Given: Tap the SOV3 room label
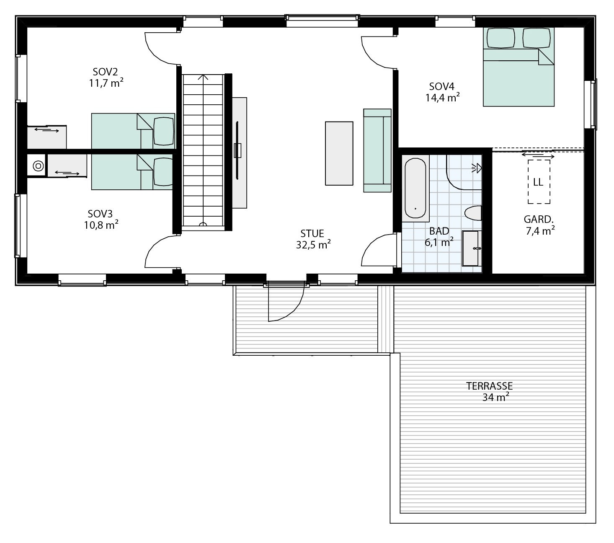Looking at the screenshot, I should tap(100, 214).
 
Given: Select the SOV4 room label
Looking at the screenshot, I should tap(441, 86).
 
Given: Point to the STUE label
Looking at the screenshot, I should tap(312, 233).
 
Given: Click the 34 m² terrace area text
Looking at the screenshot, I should tap(495, 397).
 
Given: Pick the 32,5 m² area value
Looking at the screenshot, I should tap(313, 245).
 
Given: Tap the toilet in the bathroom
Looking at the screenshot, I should tap(474, 213).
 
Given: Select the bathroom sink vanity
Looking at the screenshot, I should tap(472, 248).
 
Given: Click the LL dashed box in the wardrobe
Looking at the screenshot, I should tap(539, 182).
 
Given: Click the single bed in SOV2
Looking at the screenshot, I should tap(133, 131).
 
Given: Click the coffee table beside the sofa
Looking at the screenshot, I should tap(339, 153).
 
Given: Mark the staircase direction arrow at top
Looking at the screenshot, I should tap(204, 78).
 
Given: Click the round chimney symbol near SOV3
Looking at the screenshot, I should tap(38, 166).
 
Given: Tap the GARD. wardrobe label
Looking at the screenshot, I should tap(539, 219).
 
